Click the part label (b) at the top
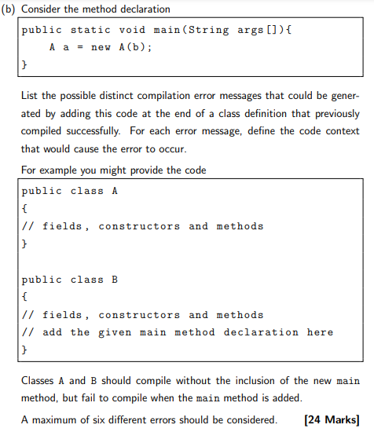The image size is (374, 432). [13, 9]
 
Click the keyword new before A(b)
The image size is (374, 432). [101, 46]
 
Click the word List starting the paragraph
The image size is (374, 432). [31, 95]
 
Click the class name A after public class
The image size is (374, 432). [116, 191]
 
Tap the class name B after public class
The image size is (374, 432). [116, 280]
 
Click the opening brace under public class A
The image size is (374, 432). [25, 208]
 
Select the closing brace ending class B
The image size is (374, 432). [25, 350]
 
